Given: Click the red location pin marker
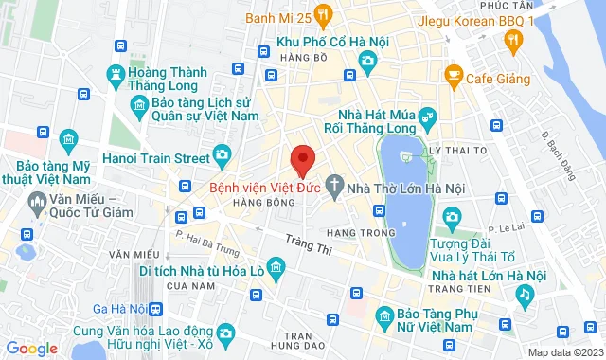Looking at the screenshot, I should (301, 159).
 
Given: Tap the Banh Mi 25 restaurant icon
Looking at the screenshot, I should (323, 14).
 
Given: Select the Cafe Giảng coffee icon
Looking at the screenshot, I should (454, 74).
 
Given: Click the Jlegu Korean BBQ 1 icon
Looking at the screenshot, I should (513, 39).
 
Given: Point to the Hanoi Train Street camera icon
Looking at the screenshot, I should (222, 153).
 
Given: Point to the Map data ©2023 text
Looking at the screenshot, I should (563, 352).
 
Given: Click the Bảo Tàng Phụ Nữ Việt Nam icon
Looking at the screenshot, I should (383, 315).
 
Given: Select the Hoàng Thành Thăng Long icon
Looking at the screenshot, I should (116, 74).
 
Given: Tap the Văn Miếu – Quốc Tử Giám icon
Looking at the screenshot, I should (38, 201).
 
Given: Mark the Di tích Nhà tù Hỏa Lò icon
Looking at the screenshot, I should (276, 264).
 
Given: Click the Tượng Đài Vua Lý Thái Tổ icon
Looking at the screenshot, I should (452, 219).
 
